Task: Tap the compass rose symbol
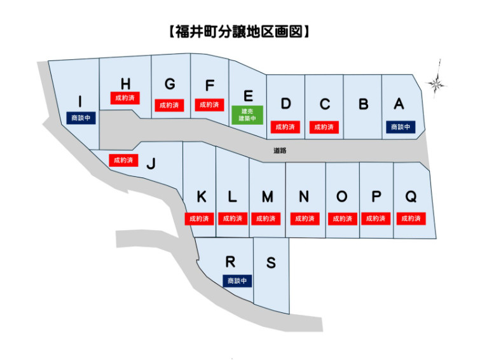coord(436,82)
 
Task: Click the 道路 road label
coord(280,151)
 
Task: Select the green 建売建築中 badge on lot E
coord(247,114)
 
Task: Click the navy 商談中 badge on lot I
coord(80,118)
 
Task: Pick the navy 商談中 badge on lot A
coord(400,127)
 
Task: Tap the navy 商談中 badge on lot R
coord(237,280)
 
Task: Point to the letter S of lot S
coord(271,263)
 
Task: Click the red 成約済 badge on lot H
coord(125,99)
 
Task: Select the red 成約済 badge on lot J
coord(123,160)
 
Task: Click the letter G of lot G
coord(170,85)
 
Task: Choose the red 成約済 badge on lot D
coord(285,127)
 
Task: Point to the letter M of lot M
coord(268,197)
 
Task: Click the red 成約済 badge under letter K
coord(200,218)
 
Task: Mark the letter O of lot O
coord(342,197)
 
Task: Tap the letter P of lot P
coord(376,197)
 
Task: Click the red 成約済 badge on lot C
coord(324,127)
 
